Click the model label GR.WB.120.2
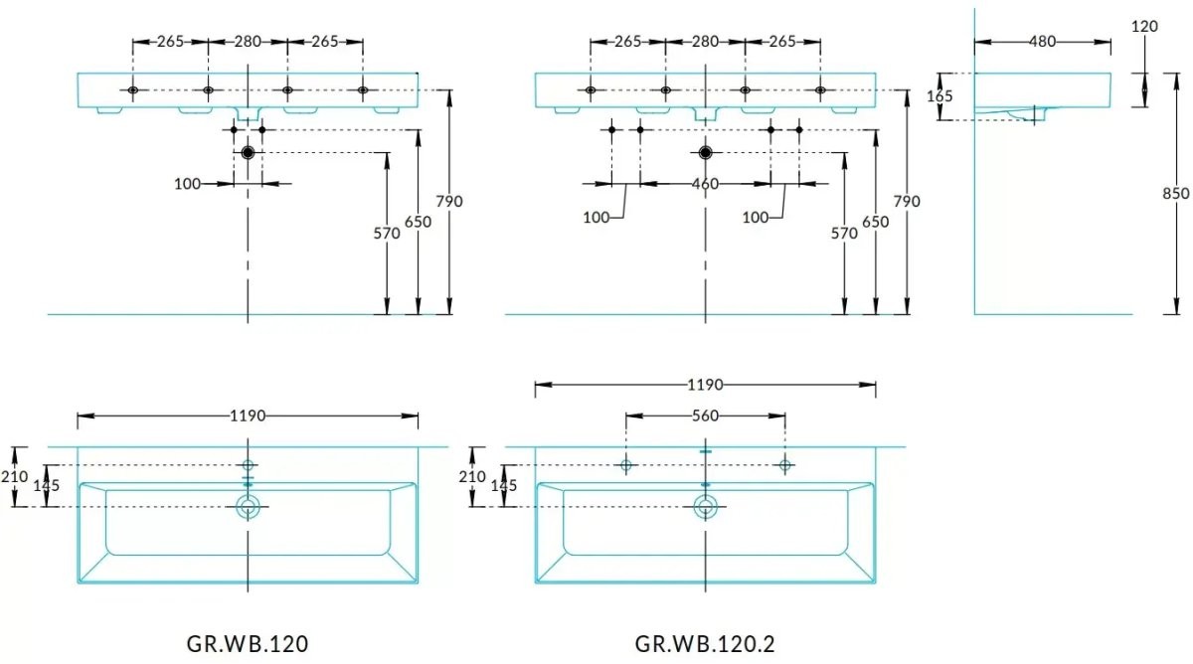pyautogui.click(x=705, y=644)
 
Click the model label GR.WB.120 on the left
pyautogui.click(x=248, y=644)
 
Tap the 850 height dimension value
pyautogui.click(x=1175, y=193)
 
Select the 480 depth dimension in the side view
pyautogui.click(x=1042, y=42)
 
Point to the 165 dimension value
pyautogui.click(x=939, y=96)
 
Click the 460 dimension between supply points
pyautogui.click(x=705, y=184)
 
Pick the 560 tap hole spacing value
pyautogui.click(x=705, y=415)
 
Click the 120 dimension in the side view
pyautogui.click(x=1144, y=26)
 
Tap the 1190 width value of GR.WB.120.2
pyautogui.click(x=705, y=385)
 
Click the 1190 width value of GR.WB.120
pyautogui.click(x=248, y=415)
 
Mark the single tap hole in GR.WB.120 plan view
pyautogui.click(x=248, y=465)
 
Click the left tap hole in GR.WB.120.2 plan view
pyautogui.click(x=625, y=465)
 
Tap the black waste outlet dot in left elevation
pyautogui.click(x=248, y=153)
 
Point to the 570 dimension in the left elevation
pyautogui.click(x=386, y=234)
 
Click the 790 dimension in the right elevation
pyautogui.click(x=907, y=201)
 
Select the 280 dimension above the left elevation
pyautogui.click(x=248, y=42)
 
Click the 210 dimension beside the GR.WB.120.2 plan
pyautogui.click(x=472, y=476)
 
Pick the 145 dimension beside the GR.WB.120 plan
pyautogui.click(x=47, y=486)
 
